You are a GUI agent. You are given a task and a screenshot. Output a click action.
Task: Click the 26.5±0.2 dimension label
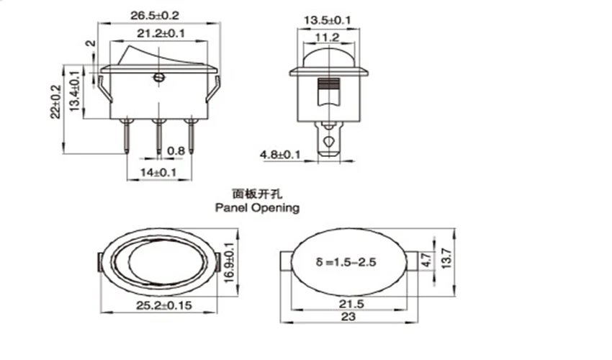tap(155, 16)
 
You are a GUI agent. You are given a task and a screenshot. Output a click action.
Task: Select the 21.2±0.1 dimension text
tap(161, 34)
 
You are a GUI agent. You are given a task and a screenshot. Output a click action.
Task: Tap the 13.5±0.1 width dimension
tap(328, 20)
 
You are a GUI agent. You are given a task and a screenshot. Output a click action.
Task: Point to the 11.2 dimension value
tap(328, 38)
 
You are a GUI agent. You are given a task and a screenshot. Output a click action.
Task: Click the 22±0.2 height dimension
tap(55, 102)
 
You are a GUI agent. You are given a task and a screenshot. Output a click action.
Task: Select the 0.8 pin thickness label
tap(176, 151)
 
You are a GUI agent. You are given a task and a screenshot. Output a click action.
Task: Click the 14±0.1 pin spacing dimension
tap(158, 172)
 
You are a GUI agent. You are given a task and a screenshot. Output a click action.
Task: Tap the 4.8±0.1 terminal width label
tap(280, 155)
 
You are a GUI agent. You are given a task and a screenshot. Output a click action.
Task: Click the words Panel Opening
tap(257, 207)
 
